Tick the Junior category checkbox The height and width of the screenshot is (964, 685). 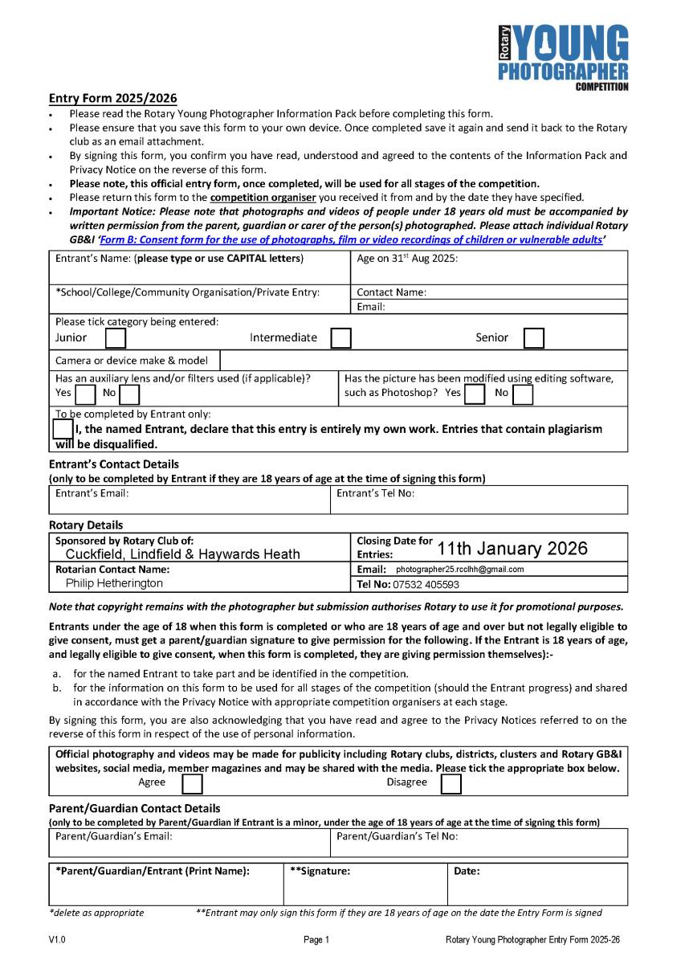pos(116,338)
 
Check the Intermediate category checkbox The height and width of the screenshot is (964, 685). pos(341,338)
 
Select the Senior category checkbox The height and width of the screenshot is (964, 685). pos(534,338)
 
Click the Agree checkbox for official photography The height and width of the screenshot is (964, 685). pos(192,783)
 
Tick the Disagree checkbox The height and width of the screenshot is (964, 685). pos(451,783)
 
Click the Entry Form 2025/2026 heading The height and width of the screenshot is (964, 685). pos(112,99)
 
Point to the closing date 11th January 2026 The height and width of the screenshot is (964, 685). pos(512,549)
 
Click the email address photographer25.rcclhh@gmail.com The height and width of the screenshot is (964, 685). pos(460,570)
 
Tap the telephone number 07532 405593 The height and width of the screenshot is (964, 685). pos(430,585)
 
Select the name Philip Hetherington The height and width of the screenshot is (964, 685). pos(114,584)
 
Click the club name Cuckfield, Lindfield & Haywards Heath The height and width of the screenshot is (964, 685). pos(182,554)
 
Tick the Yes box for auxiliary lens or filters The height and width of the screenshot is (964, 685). pos(85,394)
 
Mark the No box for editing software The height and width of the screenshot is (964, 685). pos(523,394)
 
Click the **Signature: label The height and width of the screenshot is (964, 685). pos(320,871)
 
